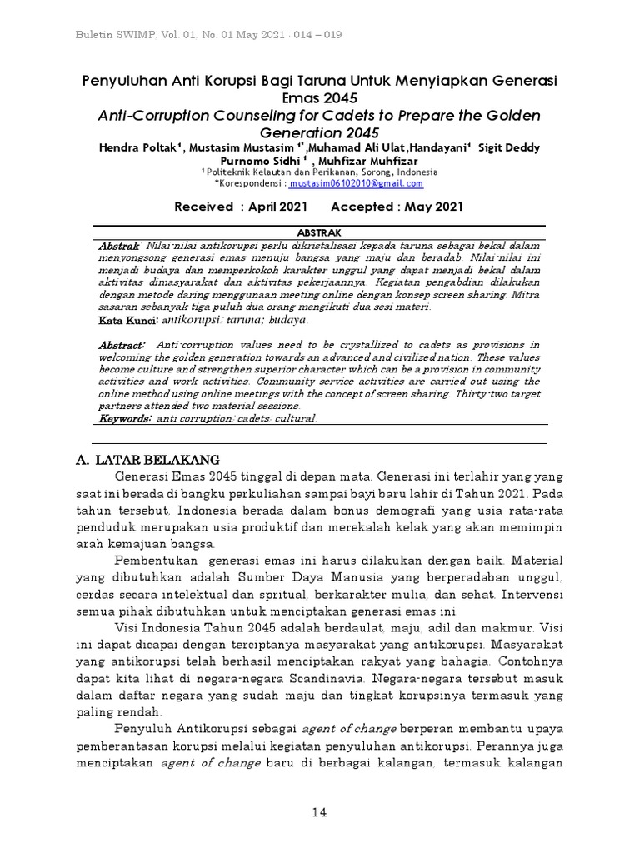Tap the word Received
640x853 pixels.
203,207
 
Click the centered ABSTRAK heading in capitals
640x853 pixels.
319,232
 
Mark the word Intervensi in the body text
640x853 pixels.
533,596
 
